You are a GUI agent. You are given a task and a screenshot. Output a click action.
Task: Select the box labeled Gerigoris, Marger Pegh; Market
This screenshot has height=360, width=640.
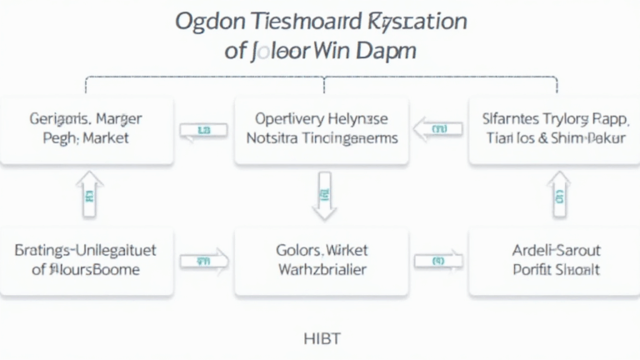pos(87,129)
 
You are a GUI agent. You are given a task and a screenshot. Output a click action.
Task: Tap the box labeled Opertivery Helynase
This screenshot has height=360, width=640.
pos(322,129)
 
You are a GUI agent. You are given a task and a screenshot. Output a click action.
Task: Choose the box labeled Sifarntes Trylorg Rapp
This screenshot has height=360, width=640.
pos(553,129)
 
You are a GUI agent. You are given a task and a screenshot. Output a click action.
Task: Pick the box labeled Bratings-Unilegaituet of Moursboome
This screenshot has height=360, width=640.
pos(87,259)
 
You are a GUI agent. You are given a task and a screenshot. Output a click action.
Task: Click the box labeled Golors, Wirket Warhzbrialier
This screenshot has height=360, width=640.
pos(322,259)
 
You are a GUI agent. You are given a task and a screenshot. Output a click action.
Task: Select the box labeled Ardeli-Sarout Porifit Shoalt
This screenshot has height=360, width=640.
pos(553,259)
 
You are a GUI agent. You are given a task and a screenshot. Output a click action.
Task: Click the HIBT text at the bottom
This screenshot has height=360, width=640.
pos(322,338)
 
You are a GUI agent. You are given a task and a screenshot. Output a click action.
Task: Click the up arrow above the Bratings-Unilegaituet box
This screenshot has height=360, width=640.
pos(90,196)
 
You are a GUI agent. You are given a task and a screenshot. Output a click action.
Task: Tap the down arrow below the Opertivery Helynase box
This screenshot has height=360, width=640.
pos(322,197)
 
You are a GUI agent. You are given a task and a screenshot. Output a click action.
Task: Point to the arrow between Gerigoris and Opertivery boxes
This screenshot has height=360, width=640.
pos(203,131)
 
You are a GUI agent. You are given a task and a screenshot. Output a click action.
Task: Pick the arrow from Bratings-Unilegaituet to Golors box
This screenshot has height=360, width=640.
pos(203,261)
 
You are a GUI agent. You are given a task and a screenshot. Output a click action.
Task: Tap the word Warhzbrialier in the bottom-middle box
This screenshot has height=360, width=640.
pos(322,269)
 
